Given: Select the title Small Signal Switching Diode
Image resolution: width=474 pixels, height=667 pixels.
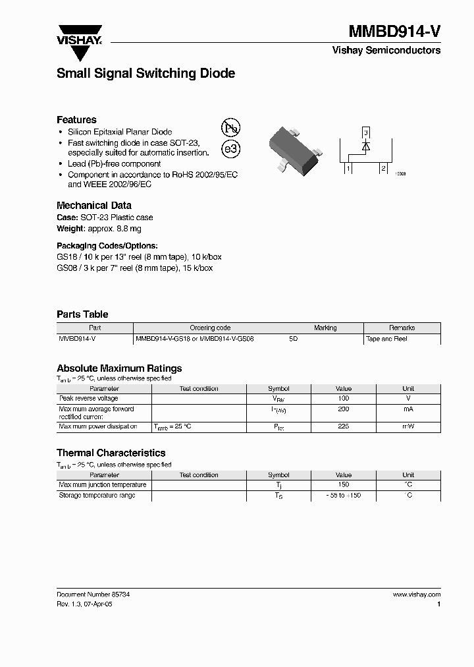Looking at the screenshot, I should click(145, 74).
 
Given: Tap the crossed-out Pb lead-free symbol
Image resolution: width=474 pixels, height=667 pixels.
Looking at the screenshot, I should click(230, 128).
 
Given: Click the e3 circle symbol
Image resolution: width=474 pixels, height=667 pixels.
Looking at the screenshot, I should click(231, 150).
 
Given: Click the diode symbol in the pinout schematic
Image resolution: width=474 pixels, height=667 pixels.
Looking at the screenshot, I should click(366, 146).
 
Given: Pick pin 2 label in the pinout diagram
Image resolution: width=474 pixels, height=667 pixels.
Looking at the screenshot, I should click(382, 169).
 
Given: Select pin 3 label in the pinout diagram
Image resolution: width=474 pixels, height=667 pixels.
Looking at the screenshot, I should click(366, 132).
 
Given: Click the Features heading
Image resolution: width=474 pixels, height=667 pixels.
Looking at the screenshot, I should click(76, 119).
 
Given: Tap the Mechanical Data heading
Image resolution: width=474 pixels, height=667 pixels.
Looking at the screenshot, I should click(94, 205).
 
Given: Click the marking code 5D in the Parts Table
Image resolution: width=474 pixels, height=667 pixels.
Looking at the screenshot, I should click(294, 339).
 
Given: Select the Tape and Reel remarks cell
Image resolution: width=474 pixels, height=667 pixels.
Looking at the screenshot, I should click(386, 339).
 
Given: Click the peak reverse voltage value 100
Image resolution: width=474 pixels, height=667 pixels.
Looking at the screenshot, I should click(343, 399).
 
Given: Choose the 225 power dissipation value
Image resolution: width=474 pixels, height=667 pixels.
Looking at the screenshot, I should click(343, 426).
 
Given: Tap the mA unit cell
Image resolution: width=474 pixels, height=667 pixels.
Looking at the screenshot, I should click(408, 409).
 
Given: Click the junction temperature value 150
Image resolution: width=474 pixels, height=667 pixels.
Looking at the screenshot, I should click(343, 485).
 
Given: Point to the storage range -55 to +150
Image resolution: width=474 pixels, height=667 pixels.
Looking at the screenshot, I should click(343, 496).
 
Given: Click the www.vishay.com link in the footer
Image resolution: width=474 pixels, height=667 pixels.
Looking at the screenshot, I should click(417, 594).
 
